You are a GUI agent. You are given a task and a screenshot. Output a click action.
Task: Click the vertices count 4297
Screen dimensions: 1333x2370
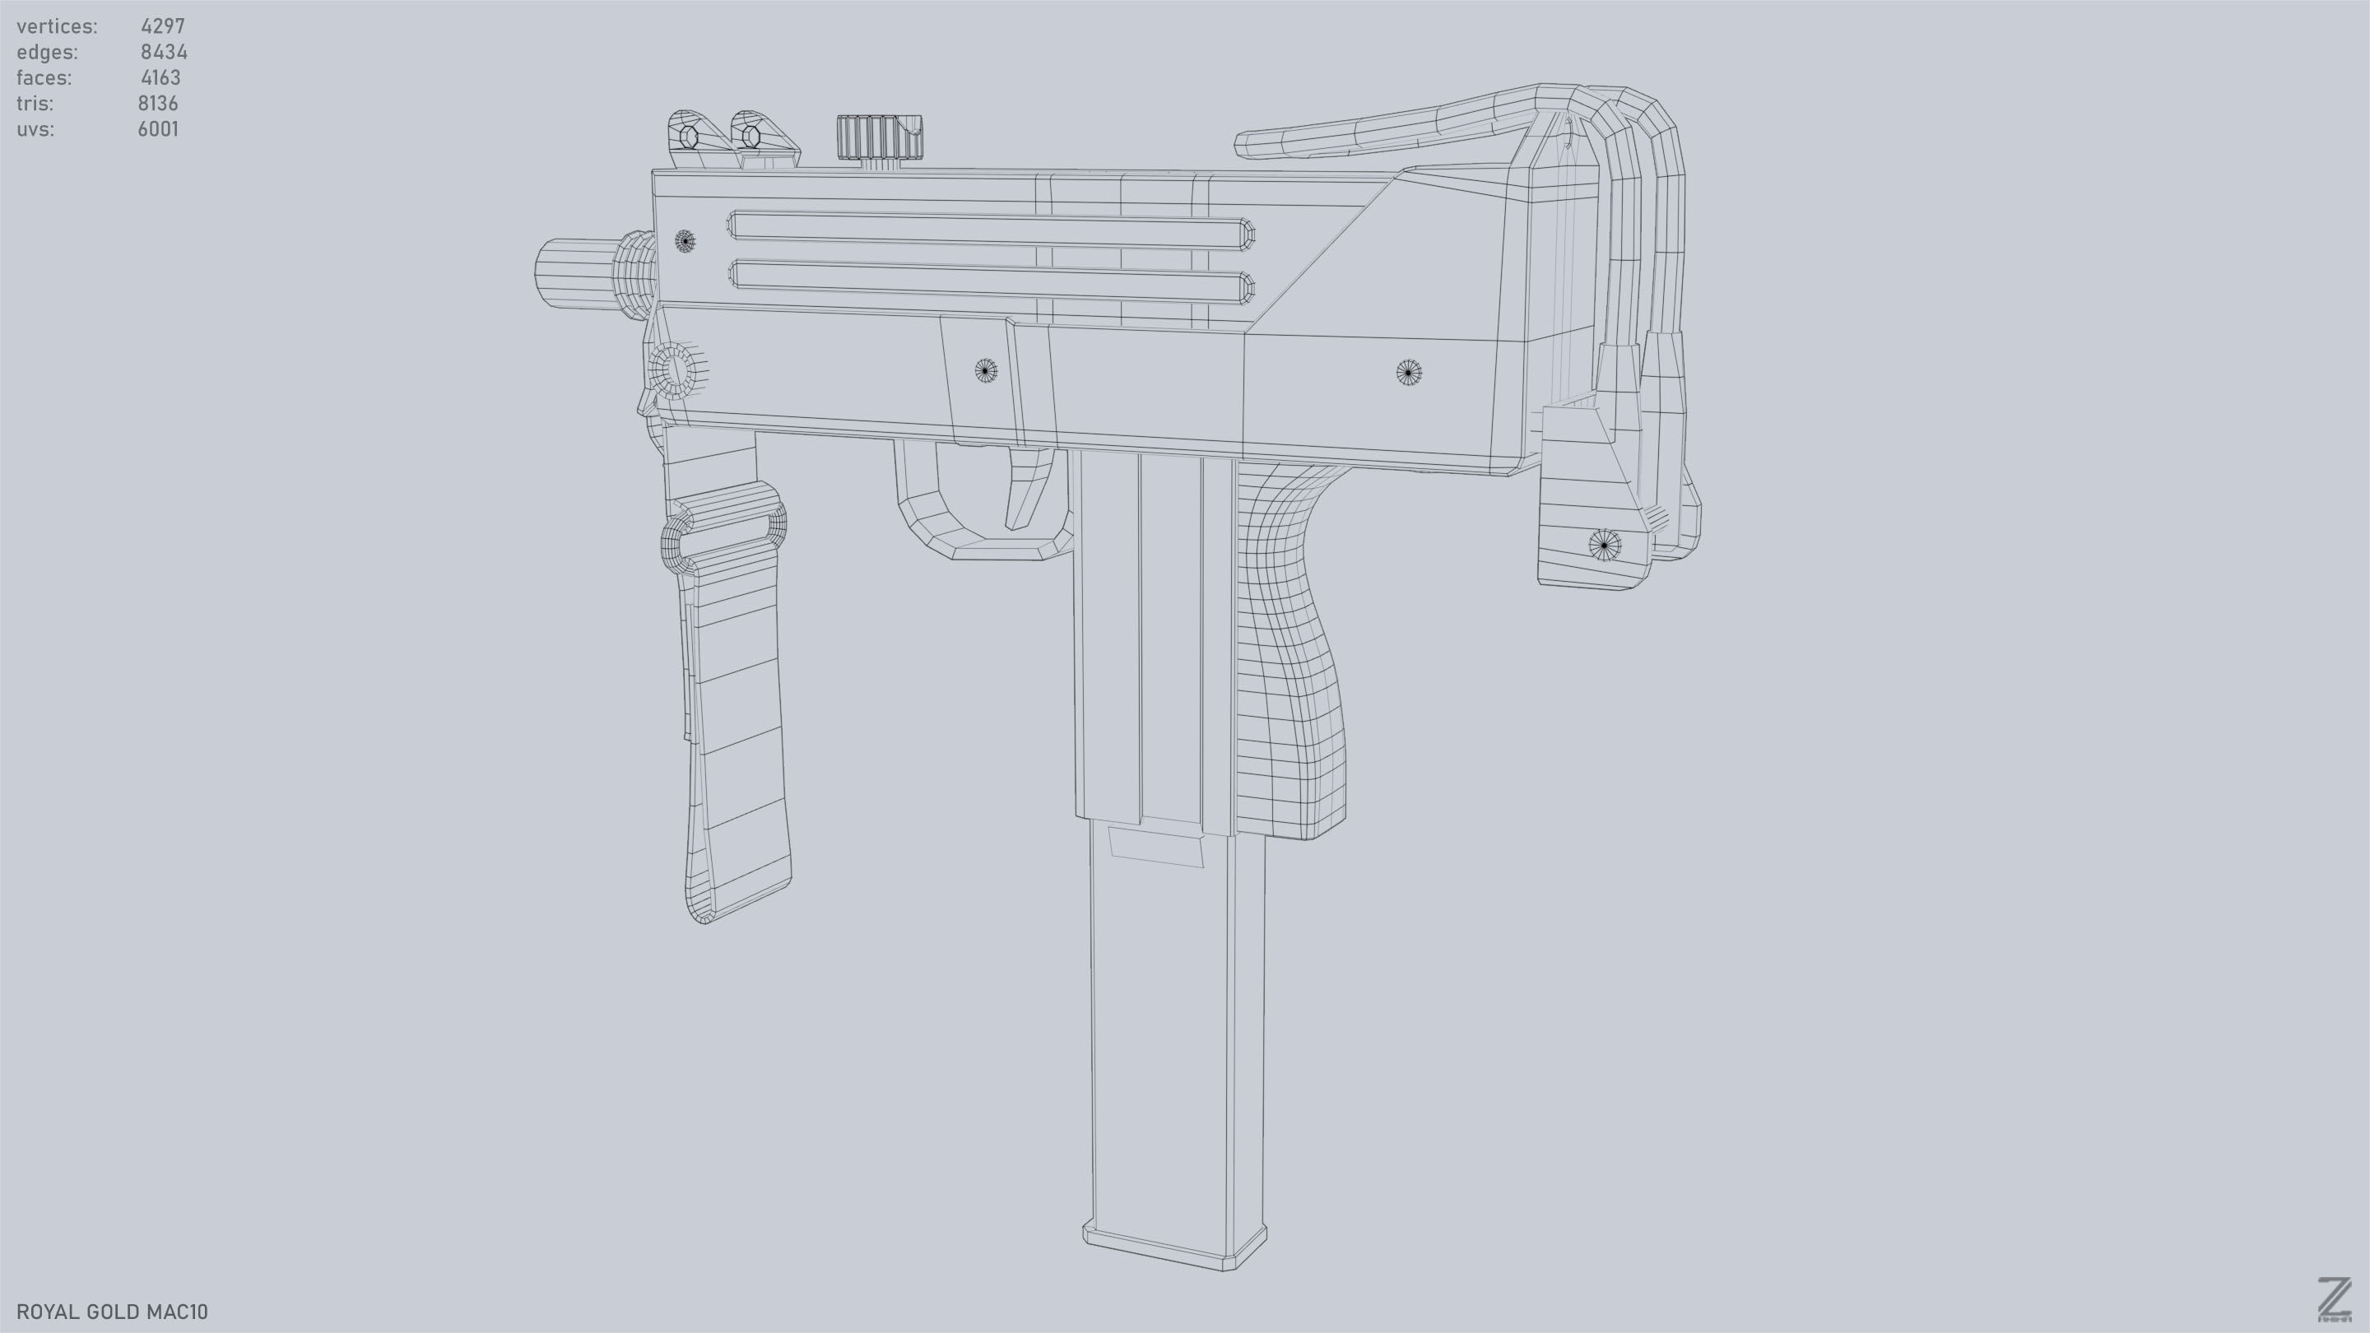162,26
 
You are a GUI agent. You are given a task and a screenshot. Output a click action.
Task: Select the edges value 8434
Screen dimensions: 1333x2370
164,53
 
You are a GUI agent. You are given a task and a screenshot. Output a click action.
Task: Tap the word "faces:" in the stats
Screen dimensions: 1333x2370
44,78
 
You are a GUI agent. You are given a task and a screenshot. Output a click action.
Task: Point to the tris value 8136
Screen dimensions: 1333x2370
158,104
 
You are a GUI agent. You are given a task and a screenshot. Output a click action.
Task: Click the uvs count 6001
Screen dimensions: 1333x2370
158,130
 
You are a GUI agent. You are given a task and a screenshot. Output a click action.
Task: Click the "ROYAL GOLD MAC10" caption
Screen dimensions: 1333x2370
112,1312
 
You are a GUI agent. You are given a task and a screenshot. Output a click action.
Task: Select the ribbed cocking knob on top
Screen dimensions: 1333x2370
879,138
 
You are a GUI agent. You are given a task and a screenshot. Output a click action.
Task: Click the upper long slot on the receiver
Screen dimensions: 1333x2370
990,230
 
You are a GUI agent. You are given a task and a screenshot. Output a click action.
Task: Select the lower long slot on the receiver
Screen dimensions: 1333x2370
990,281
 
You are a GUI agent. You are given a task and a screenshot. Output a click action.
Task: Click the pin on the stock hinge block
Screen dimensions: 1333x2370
1605,546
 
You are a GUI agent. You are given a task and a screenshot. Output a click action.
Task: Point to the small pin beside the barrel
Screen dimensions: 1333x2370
685,241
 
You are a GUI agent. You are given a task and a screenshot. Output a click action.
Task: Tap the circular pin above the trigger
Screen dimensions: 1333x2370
985,371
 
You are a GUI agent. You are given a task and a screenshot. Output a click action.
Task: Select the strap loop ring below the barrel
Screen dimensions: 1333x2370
723,533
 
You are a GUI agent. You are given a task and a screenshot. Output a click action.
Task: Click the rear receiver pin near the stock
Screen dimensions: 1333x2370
1409,373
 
